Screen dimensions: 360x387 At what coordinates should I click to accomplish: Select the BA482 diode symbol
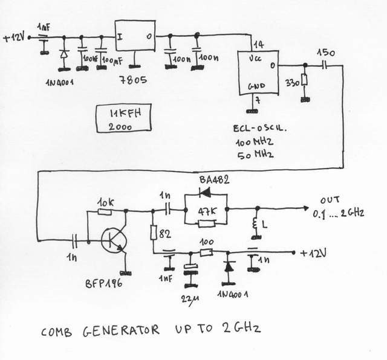pyautogui.click(x=206, y=194)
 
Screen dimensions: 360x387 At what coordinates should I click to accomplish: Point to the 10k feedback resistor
pyautogui.click(x=105, y=212)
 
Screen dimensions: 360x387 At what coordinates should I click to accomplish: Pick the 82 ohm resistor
pyautogui.click(x=154, y=231)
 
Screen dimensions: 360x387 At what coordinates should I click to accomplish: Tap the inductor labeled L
pyautogui.click(x=256, y=226)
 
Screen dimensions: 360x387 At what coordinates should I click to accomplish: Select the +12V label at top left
pyautogui.click(x=13, y=37)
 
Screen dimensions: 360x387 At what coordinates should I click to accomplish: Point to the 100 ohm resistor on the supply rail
pyautogui.click(x=207, y=252)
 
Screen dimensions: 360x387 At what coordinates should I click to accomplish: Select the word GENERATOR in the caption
pyautogui.click(x=121, y=331)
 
